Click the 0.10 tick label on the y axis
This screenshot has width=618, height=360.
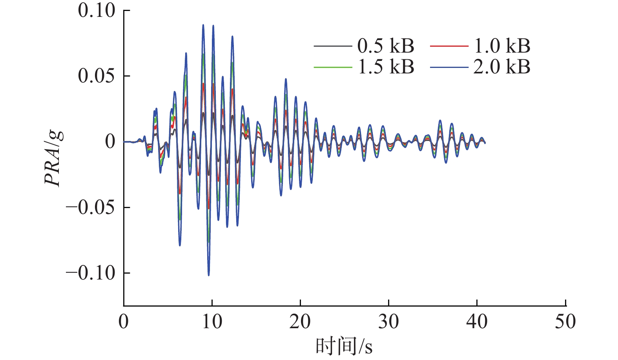(97, 11)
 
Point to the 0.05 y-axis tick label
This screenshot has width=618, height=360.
(97, 76)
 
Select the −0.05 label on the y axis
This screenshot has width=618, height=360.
(91, 207)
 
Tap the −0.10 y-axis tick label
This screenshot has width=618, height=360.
(91, 273)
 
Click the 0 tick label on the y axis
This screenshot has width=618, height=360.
(110, 141)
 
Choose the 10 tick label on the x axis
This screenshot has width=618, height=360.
(212, 322)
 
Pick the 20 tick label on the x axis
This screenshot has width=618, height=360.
(300, 322)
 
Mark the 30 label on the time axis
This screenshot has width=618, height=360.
(388, 322)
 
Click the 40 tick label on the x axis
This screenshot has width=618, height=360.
(477, 322)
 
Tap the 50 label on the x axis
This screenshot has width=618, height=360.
(565, 322)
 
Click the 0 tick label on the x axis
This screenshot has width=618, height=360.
(124, 322)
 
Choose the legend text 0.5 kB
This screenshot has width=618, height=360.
(386, 46)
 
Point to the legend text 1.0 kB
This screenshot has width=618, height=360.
(502, 46)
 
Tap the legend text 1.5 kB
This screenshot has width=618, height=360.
(386, 67)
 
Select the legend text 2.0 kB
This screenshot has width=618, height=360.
(502, 67)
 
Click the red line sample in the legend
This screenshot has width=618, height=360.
(449, 46)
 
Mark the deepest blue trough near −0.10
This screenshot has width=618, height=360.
(209, 275)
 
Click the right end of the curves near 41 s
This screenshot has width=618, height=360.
(485, 143)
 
